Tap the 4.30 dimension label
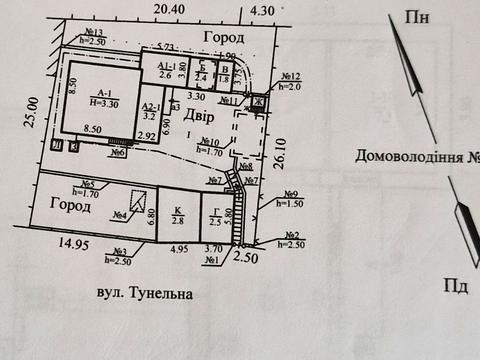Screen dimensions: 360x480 263,10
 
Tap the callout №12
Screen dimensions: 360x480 291,78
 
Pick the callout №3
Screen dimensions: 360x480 119,252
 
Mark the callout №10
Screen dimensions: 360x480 209,142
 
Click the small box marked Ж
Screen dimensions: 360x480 257,102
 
